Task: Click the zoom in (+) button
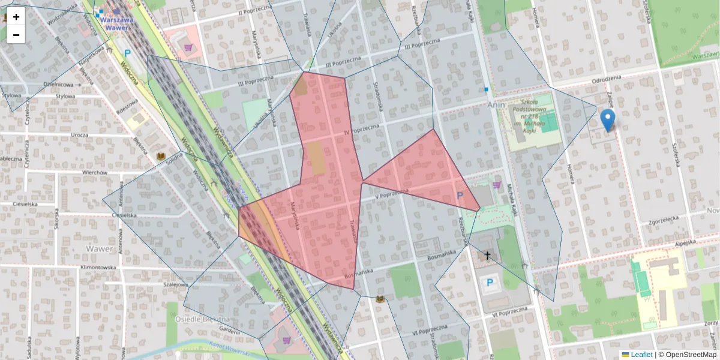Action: (x=16, y=17)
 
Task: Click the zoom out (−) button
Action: (x=16, y=35)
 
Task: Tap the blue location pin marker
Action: (x=608, y=119)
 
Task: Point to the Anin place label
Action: (x=497, y=104)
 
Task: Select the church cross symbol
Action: (x=488, y=256)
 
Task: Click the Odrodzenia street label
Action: (x=607, y=79)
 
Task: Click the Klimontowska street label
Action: (x=91, y=267)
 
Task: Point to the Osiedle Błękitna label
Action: (x=202, y=319)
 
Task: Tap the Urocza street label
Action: (x=79, y=135)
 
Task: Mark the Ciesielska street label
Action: (x=125, y=215)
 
